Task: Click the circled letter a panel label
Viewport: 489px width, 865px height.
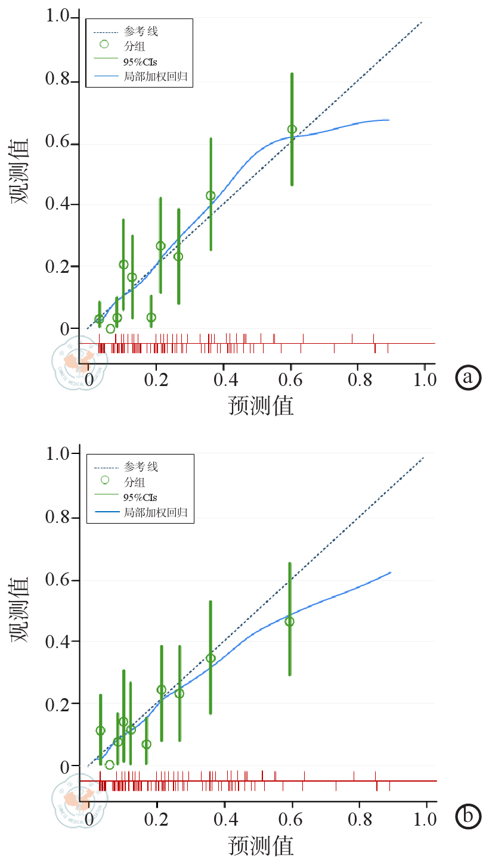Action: [468, 377]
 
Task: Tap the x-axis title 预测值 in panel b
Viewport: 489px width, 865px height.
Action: [261, 845]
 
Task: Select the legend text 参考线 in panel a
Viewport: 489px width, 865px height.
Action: [141, 29]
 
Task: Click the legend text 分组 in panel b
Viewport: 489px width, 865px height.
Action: [134, 481]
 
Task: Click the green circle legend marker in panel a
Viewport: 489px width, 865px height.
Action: [104, 44]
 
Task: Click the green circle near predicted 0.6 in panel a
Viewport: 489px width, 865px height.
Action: [292, 129]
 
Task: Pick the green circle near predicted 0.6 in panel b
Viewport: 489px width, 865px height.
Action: [290, 621]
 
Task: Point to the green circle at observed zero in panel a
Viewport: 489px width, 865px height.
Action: [110, 328]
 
